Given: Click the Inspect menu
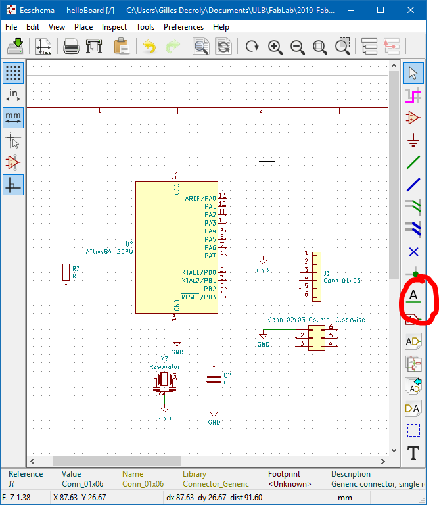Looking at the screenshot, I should click(114, 27).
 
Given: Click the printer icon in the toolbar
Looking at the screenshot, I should click(71, 47).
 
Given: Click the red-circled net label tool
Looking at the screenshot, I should click(413, 297).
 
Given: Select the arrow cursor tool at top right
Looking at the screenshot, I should click(413, 72).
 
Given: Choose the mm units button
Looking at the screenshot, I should click(13, 117).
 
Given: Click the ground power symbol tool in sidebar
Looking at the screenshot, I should click(413, 140).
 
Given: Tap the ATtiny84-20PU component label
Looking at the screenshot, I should click(109, 251).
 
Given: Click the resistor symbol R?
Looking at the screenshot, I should click(65, 272).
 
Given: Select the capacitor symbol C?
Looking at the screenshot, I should click(214, 379).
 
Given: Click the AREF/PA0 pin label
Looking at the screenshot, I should click(200, 198).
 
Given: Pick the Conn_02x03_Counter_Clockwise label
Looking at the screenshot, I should click(316, 320).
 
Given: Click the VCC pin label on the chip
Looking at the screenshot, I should click(177, 190).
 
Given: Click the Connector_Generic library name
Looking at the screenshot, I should click(216, 484).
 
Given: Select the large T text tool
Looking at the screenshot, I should click(413, 453).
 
